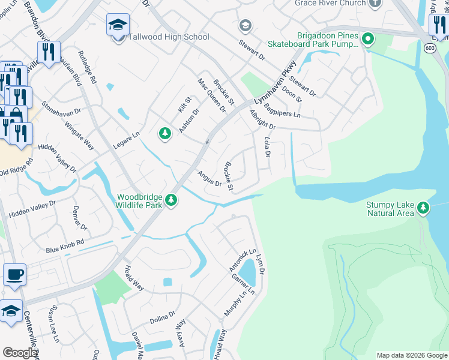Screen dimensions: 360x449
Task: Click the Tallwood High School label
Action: pos(169,37)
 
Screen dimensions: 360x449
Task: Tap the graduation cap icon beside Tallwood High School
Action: pos(118,25)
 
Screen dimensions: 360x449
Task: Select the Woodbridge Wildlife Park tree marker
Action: pos(172,200)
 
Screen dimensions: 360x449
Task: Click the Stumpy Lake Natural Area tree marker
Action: pos(424,208)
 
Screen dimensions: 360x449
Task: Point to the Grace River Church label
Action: pos(330,3)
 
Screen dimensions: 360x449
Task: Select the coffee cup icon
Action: pos(14,275)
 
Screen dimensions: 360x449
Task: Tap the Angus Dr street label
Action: pos(210,179)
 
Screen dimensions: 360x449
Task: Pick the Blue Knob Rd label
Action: pos(65,248)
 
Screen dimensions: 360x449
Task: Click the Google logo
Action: pos(20,353)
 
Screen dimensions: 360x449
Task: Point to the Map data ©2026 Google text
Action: pos(411,355)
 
